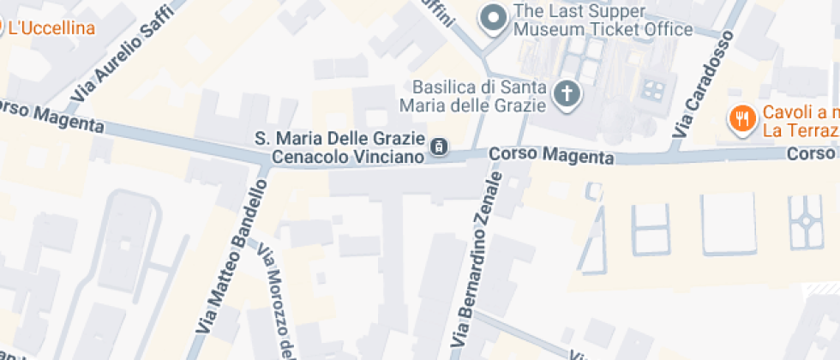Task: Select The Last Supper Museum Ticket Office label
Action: click(603, 21)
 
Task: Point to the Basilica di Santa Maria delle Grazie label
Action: click(478, 96)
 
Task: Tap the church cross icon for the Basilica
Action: click(566, 93)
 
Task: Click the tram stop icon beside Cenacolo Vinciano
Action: click(439, 147)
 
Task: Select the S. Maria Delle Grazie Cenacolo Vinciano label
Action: click(339, 147)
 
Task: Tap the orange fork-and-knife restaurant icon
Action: click(740, 119)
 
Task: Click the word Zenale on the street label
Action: click(491, 198)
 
